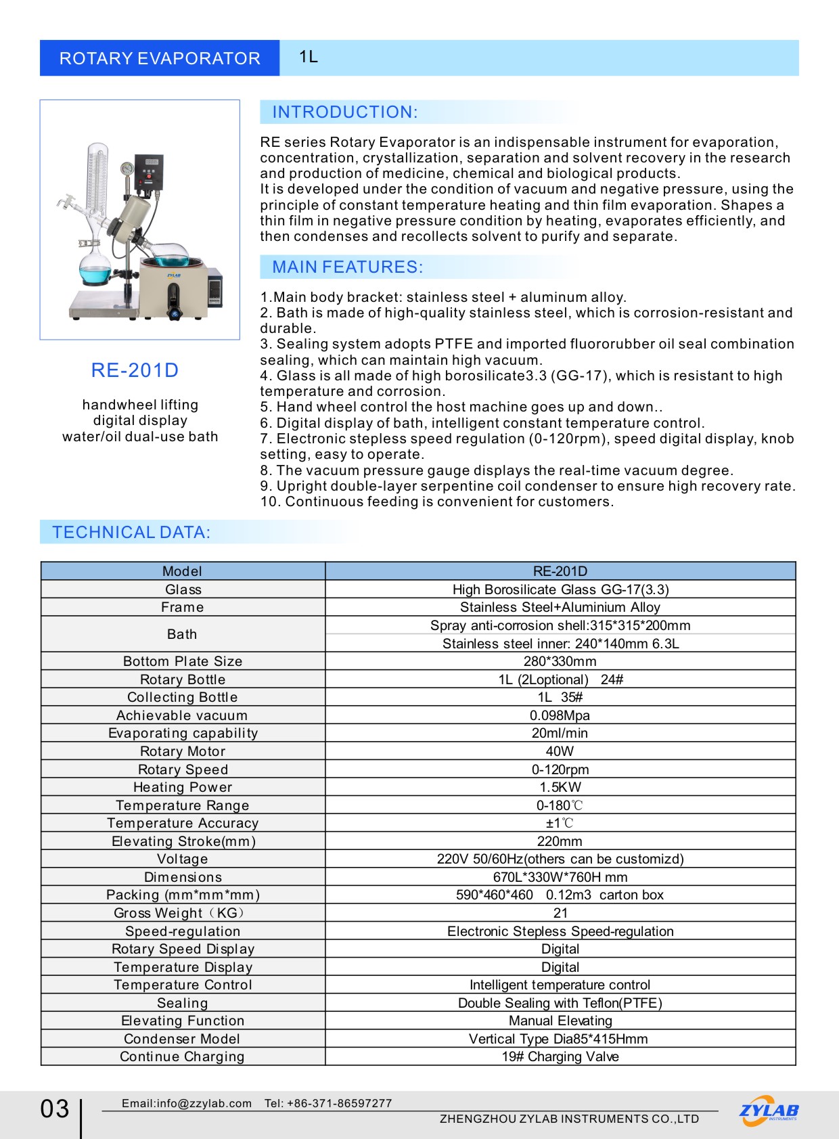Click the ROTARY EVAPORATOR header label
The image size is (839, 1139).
(x=160, y=58)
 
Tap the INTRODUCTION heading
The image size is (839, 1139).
(x=344, y=112)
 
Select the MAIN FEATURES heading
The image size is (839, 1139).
(x=347, y=267)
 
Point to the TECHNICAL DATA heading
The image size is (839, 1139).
(x=131, y=533)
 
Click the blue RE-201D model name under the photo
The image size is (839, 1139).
(x=135, y=370)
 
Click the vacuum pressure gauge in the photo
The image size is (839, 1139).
(x=127, y=169)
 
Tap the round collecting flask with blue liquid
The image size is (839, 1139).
(x=95, y=269)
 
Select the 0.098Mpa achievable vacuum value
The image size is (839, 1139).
(x=560, y=715)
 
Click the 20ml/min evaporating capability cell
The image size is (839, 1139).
(x=560, y=733)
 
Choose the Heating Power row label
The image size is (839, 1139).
(x=183, y=787)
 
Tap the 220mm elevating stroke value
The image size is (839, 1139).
(x=560, y=841)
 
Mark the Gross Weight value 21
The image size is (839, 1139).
(x=560, y=913)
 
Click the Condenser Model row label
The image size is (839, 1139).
(x=182, y=1039)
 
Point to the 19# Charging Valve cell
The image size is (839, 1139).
(x=560, y=1056)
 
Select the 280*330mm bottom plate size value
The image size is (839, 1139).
(x=560, y=661)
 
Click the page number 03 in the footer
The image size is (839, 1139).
(x=55, y=1109)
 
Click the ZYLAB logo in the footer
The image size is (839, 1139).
(x=769, y=1111)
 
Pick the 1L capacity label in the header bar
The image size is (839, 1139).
(x=309, y=57)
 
